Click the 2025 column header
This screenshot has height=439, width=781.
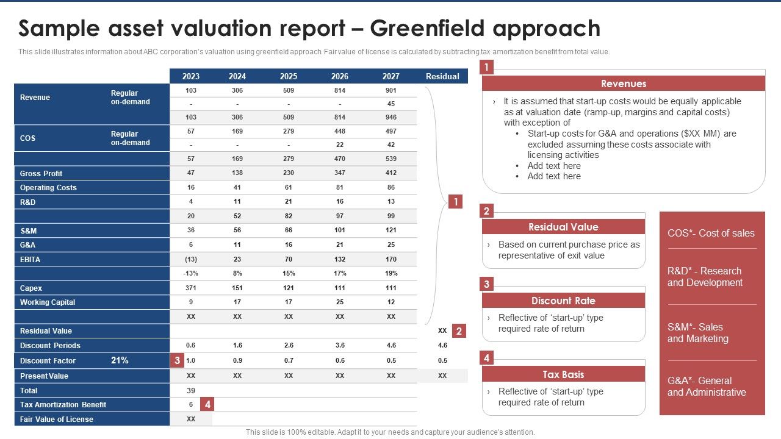(x=289, y=76)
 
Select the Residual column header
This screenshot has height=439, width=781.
(x=442, y=76)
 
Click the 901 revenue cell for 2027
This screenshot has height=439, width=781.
(x=390, y=90)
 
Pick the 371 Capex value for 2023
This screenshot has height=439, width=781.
(x=191, y=288)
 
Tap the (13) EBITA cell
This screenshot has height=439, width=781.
(x=191, y=259)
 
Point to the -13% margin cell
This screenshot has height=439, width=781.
(x=191, y=274)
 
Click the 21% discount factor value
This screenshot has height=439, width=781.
(x=120, y=360)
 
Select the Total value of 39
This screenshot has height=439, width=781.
(x=191, y=390)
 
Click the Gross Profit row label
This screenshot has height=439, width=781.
(x=41, y=173)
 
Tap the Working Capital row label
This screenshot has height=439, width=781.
(x=48, y=302)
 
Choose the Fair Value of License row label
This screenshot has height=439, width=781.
(x=57, y=419)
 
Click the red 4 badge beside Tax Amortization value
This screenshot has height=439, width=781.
(x=208, y=404)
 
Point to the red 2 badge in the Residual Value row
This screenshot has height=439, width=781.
(x=459, y=331)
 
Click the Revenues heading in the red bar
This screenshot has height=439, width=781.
(x=624, y=84)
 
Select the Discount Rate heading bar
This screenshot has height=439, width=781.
(x=563, y=301)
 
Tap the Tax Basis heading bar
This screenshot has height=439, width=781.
(x=563, y=374)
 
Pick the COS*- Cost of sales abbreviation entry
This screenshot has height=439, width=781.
(x=711, y=233)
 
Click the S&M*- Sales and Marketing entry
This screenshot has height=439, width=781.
(x=698, y=333)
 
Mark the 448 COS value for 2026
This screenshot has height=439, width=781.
(x=340, y=131)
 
